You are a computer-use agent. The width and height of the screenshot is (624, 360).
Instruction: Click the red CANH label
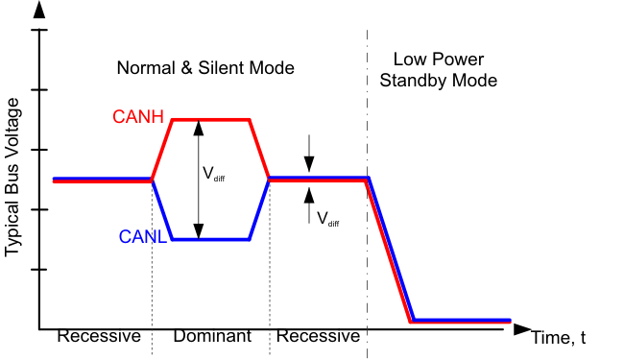(139, 117)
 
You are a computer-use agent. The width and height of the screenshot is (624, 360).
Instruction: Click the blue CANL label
(143, 236)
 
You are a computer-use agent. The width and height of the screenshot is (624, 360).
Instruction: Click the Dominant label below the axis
(211, 337)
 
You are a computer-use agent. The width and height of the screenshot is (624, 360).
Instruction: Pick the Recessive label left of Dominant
(99, 337)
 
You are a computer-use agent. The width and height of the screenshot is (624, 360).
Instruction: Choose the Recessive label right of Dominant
(318, 337)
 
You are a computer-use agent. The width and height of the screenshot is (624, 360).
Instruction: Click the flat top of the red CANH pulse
(210, 120)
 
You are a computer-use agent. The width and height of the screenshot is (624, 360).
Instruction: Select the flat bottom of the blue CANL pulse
(210, 239)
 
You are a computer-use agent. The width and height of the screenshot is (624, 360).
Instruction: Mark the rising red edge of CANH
(161, 150)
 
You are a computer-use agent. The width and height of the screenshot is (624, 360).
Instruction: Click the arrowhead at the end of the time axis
(521, 329)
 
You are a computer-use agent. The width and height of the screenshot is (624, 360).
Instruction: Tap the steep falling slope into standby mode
(390, 250)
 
